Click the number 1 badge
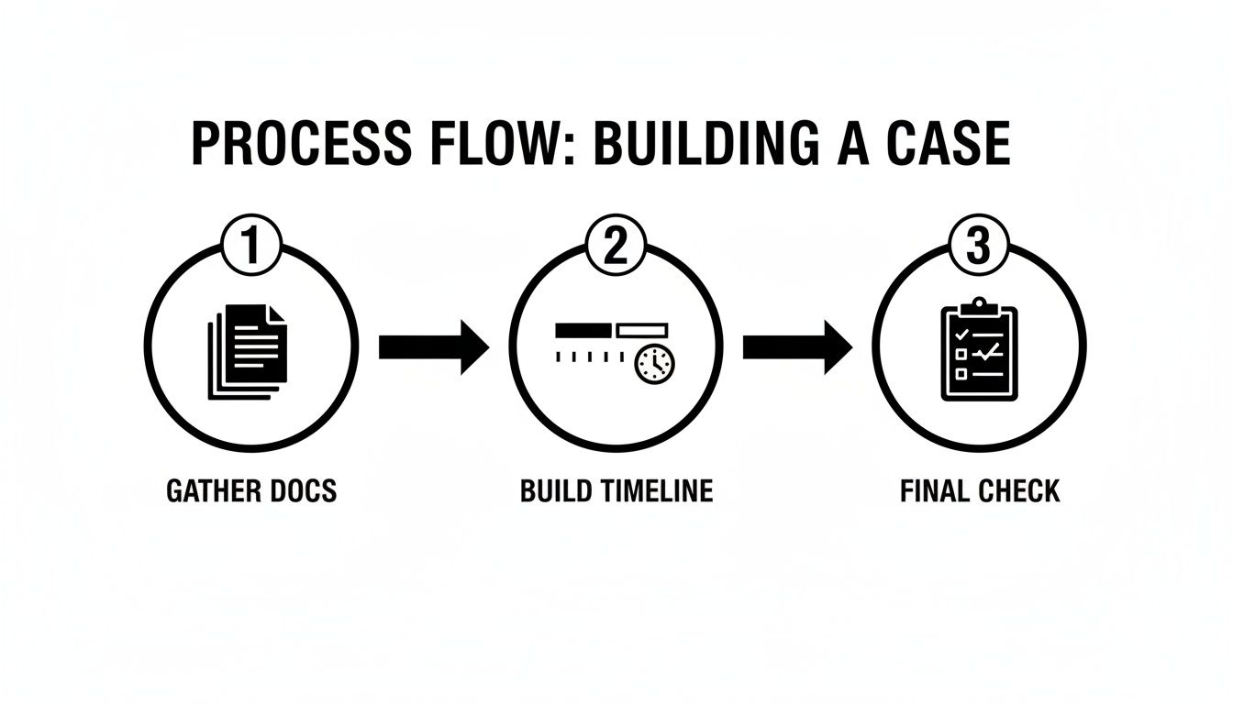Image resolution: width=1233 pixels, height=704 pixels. pos(250,247)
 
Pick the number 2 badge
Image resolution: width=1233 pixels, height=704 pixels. pos(615,247)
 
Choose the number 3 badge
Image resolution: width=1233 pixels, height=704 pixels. pos(978,247)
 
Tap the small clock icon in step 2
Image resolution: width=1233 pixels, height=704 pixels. pos(654,364)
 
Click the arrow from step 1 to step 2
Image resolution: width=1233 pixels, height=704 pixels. pos(432,347)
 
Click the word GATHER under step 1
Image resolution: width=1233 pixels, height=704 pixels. pos(207,491)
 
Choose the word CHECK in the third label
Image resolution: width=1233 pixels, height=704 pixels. pos(1018,491)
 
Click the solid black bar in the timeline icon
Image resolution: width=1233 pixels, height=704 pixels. pos(583,328)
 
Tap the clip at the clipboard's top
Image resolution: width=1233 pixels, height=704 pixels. pos(979,305)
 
